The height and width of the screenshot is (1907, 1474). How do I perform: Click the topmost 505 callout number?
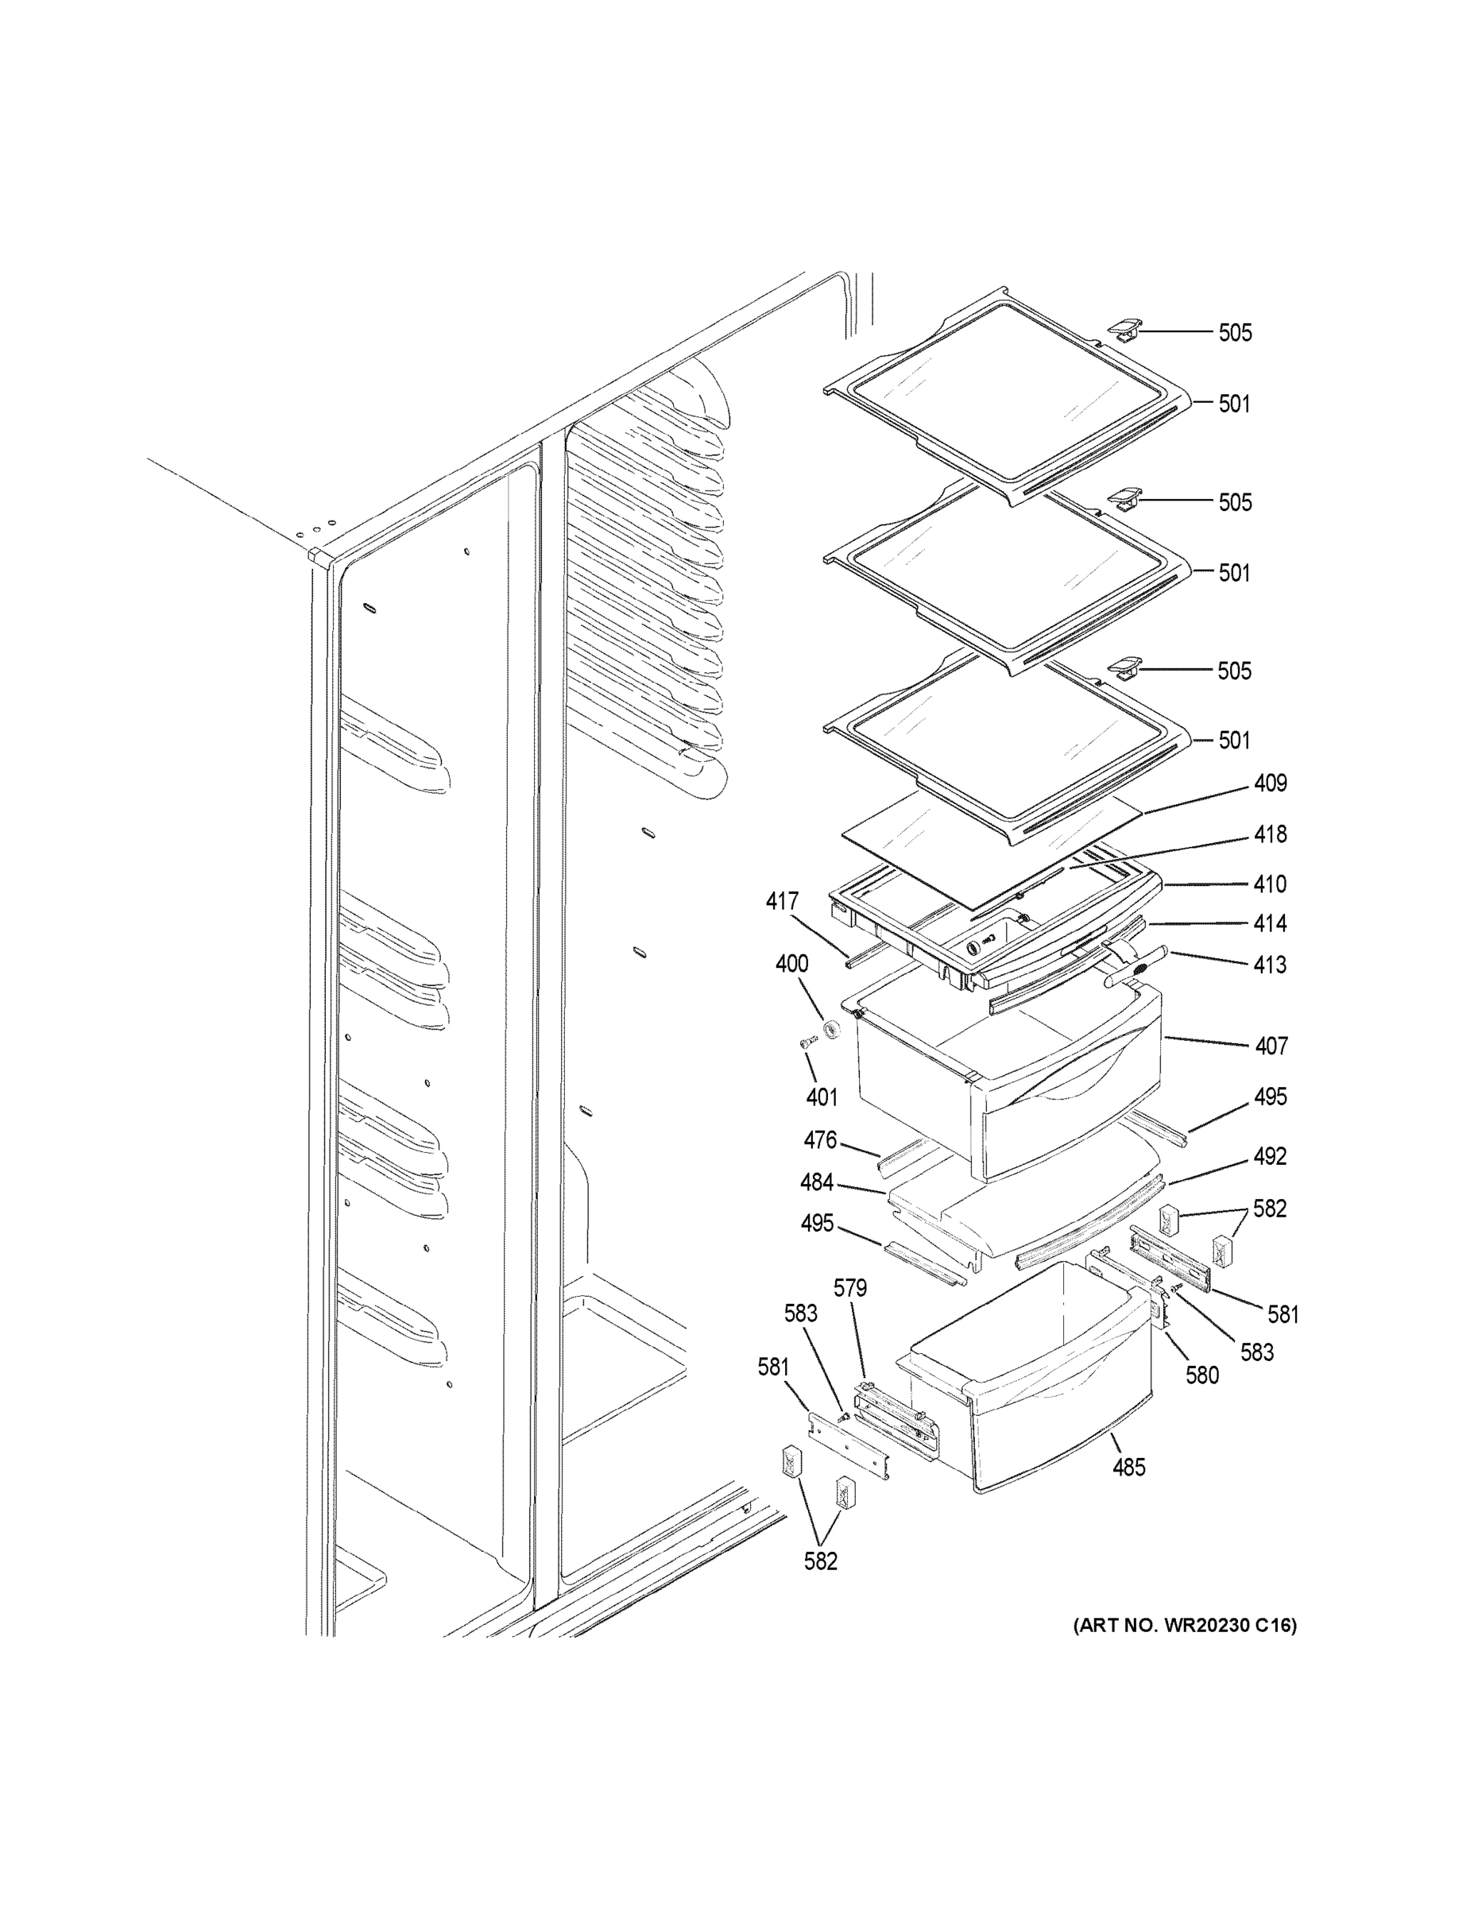click(1235, 333)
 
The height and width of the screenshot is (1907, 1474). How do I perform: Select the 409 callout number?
click(1270, 783)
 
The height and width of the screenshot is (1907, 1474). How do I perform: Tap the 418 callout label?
click(1270, 835)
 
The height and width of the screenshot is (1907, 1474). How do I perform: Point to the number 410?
click(1270, 884)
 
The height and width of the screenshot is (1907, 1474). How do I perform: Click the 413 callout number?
click(1270, 965)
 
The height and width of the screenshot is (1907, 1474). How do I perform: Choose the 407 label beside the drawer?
click(1271, 1045)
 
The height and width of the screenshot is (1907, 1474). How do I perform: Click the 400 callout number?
click(792, 964)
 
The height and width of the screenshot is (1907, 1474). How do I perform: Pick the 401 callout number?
click(822, 1097)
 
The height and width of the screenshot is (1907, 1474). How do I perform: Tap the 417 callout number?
click(783, 900)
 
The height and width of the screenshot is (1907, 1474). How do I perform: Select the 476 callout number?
click(820, 1140)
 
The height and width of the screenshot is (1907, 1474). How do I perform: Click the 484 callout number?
click(817, 1183)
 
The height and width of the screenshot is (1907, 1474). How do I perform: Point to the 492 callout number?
click(1270, 1156)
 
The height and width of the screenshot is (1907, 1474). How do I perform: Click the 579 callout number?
click(849, 1288)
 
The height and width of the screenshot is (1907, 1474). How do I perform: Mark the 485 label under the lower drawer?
click(1128, 1468)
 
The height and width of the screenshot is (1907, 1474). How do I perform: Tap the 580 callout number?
click(1201, 1375)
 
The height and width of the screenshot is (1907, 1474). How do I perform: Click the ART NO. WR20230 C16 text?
click(1184, 1625)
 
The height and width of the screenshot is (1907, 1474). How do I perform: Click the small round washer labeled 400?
click(832, 1029)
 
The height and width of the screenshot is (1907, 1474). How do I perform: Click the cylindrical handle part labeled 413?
click(1135, 966)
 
